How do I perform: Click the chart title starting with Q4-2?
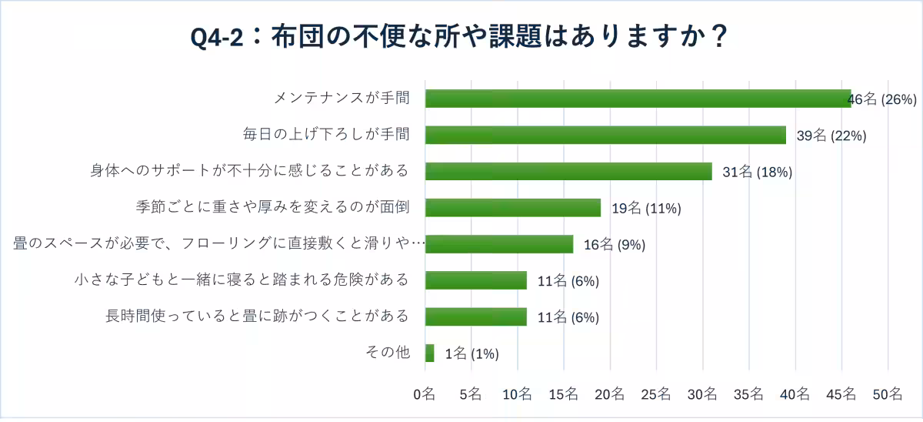[460, 36]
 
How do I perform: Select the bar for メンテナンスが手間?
[638, 99]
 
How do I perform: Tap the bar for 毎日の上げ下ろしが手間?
[605, 135]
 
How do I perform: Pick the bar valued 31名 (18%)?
[568, 171]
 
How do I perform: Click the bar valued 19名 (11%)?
[512, 208]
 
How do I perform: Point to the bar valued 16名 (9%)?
[498, 244]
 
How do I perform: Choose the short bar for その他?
[429, 353]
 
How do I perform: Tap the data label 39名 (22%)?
[831, 136]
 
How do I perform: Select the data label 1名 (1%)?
[471, 354]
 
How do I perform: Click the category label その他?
[387, 353]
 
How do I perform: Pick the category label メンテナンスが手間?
[341, 98]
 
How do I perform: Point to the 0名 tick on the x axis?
[425, 394]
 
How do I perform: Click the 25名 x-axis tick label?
[656, 394]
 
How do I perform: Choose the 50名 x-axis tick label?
[888, 394]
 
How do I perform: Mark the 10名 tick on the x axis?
[517, 394]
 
